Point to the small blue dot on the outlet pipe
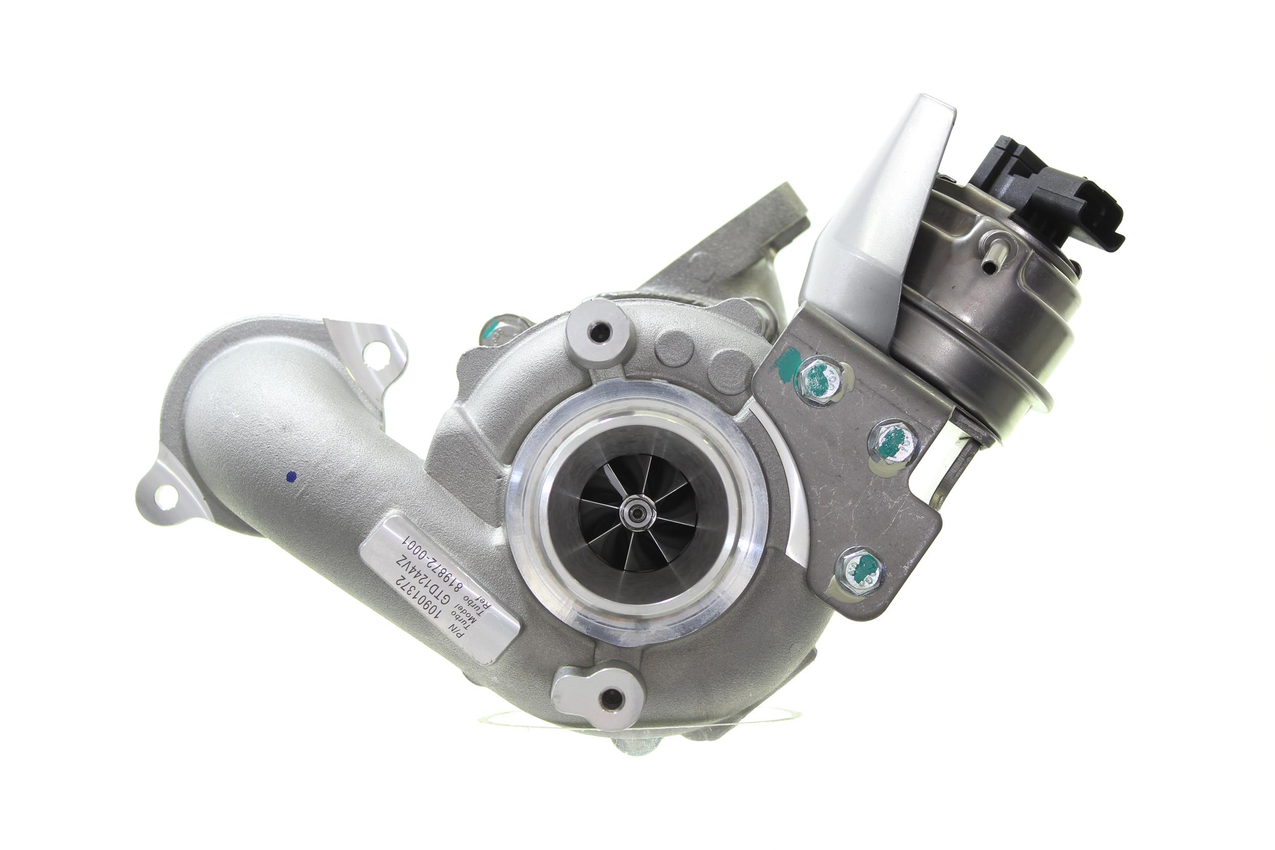[293, 477]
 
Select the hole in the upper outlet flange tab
[372, 353]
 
